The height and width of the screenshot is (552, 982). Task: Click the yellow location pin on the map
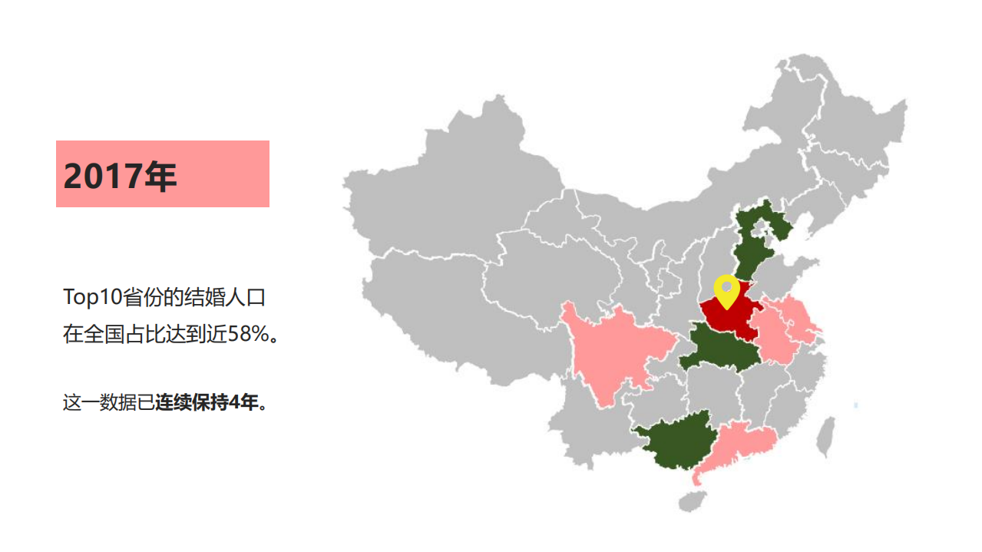pyautogui.click(x=726, y=290)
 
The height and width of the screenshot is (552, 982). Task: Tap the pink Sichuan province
pyautogui.click(x=614, y=353)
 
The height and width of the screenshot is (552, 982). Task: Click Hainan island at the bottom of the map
pyautogui.click(x=692, y=501)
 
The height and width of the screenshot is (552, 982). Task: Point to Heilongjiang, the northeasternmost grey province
pyautogui.click(x=852, y=123)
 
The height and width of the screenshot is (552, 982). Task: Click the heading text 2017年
pyautogui.click(x=121, y=176)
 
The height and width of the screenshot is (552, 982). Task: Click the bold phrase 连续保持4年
pyautogui.click(x=207, y=402)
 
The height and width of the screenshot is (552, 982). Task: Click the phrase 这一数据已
pyautogui.click(x=108, y=402)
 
